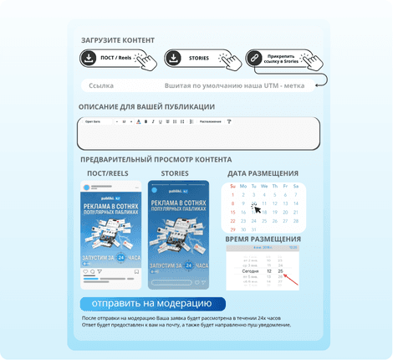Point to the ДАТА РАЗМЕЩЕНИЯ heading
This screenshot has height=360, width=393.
263,173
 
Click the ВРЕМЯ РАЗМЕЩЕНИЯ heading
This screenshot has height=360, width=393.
263,239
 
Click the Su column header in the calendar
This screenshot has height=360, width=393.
232,186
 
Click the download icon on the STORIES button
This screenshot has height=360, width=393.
173,59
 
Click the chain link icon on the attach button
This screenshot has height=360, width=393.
253,59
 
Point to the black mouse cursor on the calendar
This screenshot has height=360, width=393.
255,206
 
